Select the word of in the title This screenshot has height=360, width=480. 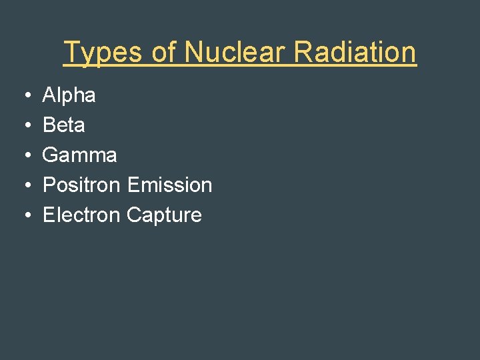pos(164,53)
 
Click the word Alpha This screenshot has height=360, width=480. pos(69,95)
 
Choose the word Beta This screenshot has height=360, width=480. pos(63,125)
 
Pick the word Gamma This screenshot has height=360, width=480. pos(79,155)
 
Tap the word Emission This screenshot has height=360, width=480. pos(169,185)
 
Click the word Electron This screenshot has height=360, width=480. pos(81,215)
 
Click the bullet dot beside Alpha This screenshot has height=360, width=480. pos(25,96)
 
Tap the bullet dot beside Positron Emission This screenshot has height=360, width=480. pos(25,185)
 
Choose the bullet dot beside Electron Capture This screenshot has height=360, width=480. pos(25,215)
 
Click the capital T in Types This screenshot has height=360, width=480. pos(71,53)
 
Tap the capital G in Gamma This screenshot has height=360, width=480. pos(50,155)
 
